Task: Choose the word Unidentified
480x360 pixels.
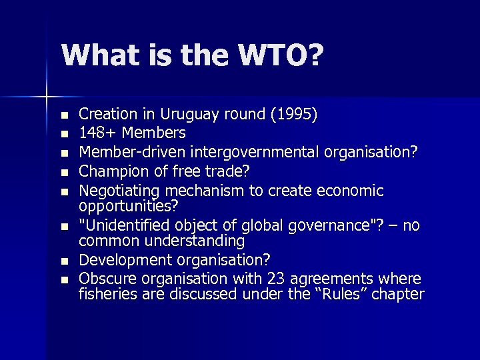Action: pyautogui.click(x=123, y=225)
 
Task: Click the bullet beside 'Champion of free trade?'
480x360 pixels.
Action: pyautogui.click(x=63, y=173)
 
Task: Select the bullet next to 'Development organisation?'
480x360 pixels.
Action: pyautogui.click(x=63, y=260)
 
